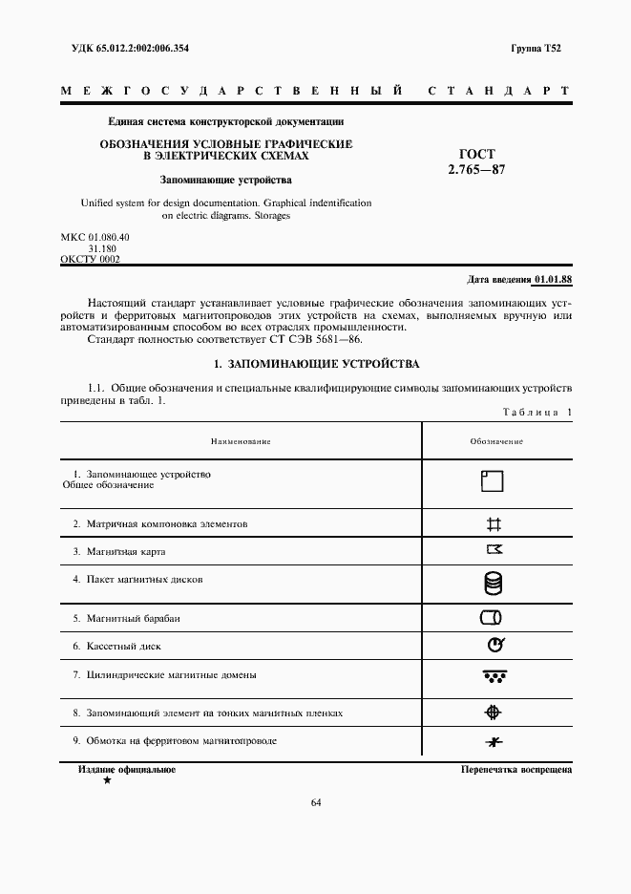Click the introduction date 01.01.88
coord(553,279)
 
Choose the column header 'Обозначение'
coord(496,441)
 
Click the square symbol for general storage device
coord(493,480)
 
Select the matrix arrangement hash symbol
coord(494,523)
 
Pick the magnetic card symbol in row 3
coord(494,549)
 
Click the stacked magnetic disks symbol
coord(494,583)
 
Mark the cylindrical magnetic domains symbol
coord(494,676)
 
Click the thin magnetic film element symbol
coord(494,712)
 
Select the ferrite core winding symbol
coord(494,742)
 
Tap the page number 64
coord(316,802)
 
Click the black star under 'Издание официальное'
coord(107,780)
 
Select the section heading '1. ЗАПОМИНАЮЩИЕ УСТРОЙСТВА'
coord(316,364)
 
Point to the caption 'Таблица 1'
coord(536,412)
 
